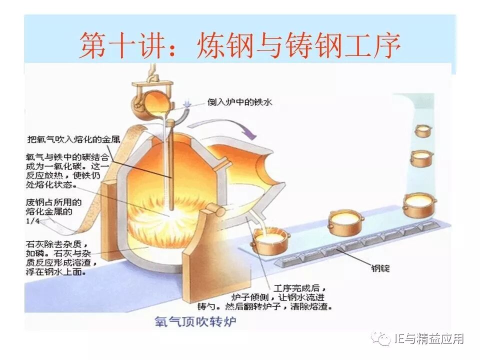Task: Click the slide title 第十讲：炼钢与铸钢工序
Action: (239, 46)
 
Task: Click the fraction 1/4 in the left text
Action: (31, 220)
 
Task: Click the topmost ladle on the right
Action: (423, 131)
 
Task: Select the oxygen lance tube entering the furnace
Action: (170, 165)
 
